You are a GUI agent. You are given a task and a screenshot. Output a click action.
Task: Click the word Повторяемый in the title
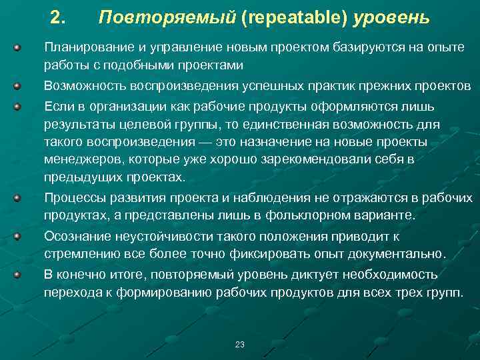coord(167,17)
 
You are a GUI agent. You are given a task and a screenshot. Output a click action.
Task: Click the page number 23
coord(240,344)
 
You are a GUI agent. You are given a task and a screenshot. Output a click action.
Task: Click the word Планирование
coord(83,48)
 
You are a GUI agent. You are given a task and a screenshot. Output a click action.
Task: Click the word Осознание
coord(74,236)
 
